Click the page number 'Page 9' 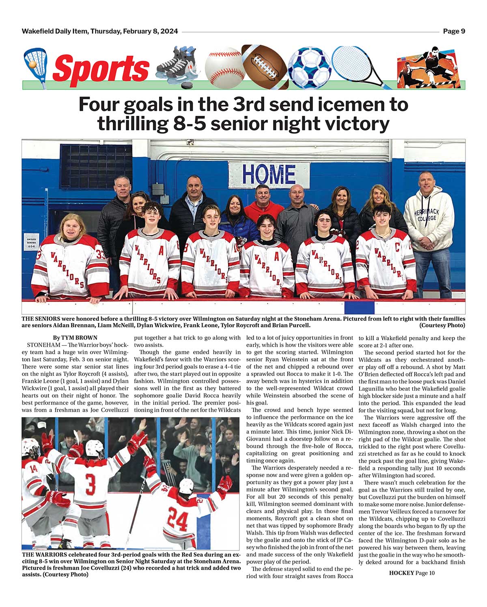click(454, 31)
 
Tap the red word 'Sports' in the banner click(101, 68)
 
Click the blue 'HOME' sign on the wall click(269, 175)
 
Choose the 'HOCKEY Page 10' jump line click(412, 573)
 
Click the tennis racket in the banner click(357, 65)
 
